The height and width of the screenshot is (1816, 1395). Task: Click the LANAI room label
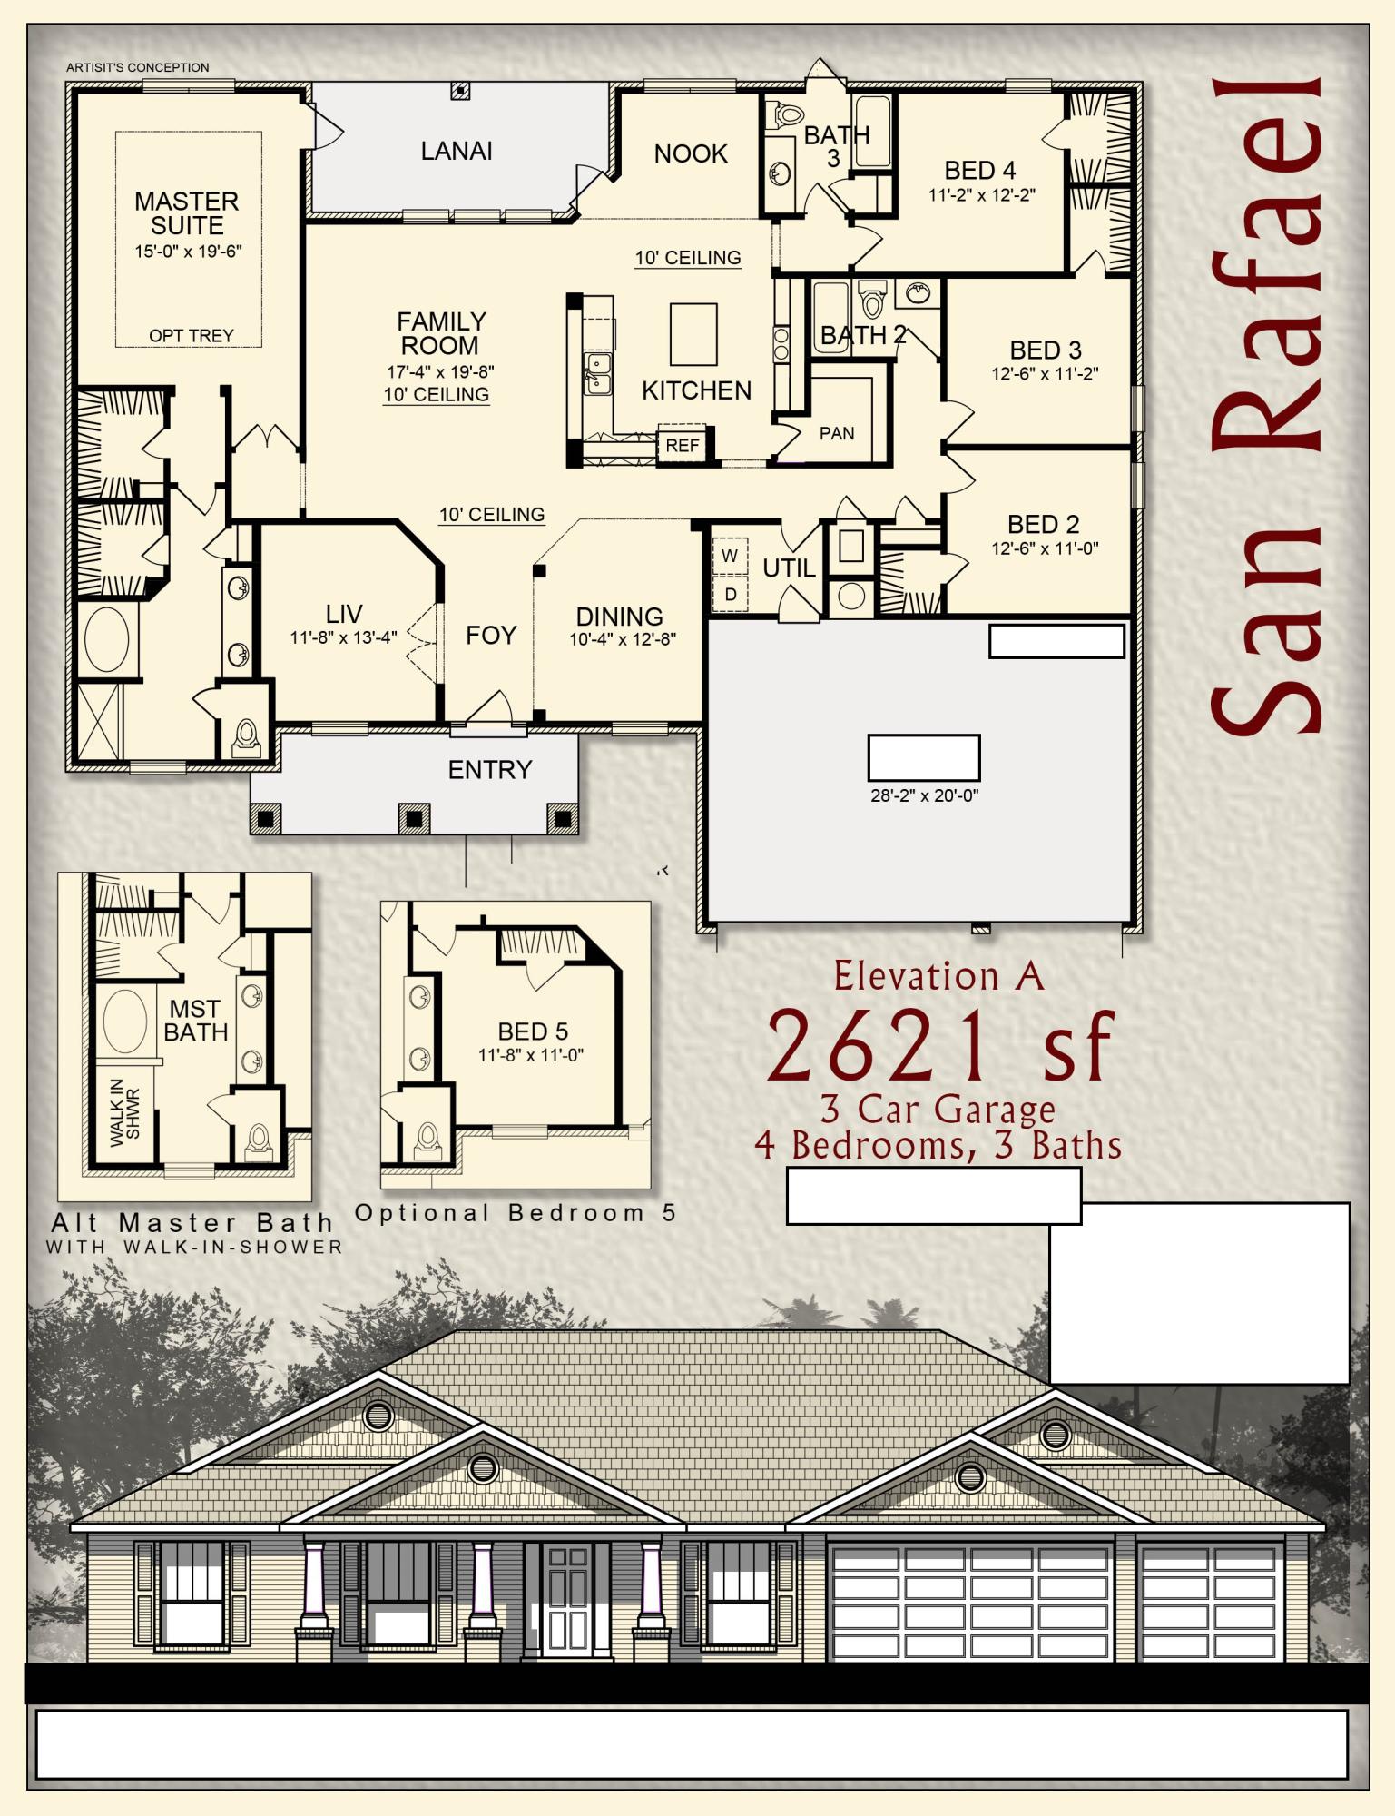[457, 151]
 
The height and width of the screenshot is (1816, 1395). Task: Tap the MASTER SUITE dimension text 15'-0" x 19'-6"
[189, 252]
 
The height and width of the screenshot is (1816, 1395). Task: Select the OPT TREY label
[191, 336]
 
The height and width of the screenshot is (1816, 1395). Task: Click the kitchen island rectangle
[693, 334]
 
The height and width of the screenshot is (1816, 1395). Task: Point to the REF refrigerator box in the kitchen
[683, 445]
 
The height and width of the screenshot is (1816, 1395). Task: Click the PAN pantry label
[837, 433]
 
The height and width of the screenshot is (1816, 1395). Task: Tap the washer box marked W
[730, 556]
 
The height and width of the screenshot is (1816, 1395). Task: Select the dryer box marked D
[730, 595]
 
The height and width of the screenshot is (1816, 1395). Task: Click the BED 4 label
[979, 171]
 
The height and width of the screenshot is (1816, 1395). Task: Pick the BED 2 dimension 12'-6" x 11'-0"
[1045, 548]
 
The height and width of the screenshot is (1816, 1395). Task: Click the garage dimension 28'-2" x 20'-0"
[924, 795]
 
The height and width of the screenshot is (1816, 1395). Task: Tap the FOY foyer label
[491, 635]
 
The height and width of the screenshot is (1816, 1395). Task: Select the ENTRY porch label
[490, 770]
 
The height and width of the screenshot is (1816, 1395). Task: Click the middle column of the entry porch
[414, 819]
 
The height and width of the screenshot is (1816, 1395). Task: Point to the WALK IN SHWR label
[125, 1112]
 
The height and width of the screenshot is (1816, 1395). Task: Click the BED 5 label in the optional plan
[533, 1031]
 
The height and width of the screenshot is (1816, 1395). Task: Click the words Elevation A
[938, 976]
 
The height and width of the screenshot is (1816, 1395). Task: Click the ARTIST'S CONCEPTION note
[138, 67]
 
